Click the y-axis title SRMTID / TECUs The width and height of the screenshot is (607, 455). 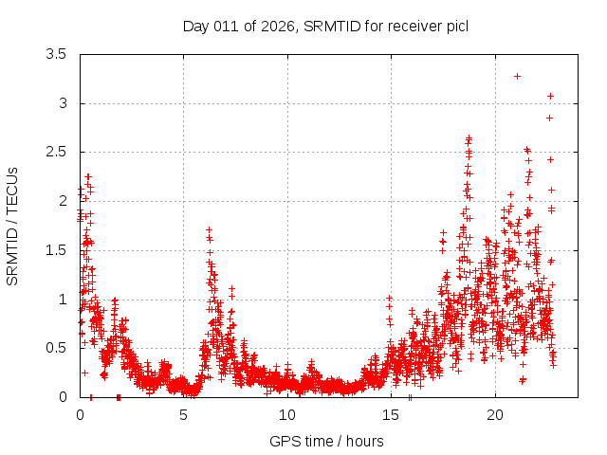[13, 226]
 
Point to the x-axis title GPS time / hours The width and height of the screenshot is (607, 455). [327, 441]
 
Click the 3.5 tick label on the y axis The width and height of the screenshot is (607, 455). [58, 55]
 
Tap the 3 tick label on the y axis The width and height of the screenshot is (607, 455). [63, 103]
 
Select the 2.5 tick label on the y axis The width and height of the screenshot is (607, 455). [58, 153]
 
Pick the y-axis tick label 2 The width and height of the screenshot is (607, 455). [63, 201]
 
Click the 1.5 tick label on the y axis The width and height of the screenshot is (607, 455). [58, 250]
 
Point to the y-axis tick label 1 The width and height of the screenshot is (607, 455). [63, 300]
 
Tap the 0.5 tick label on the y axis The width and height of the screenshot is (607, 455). [58, 348]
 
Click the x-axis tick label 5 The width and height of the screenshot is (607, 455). [184, 415]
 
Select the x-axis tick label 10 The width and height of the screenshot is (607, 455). [287, 415]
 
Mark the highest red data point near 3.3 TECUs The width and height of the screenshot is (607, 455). [517, 76]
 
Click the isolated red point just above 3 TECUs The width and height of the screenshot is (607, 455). [550, 96]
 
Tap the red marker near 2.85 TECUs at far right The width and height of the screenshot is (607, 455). [549, 118]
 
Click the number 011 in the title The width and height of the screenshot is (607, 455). [225, 26]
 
